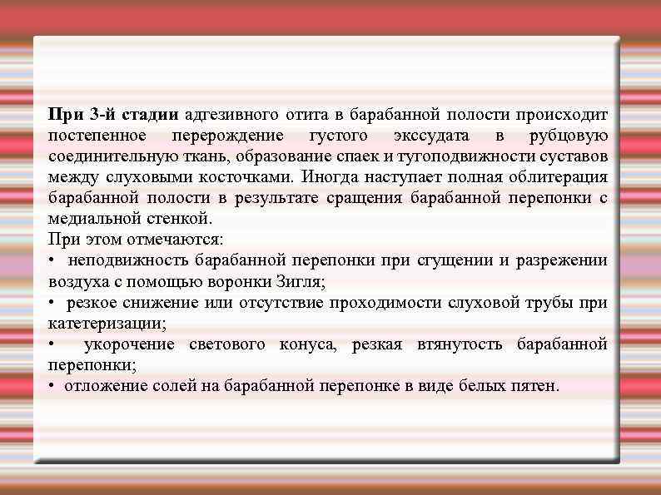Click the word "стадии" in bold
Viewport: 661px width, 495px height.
(152, 115)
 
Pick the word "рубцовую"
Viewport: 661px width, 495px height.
(569, 136)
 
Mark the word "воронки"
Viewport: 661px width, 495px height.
(246, 281)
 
